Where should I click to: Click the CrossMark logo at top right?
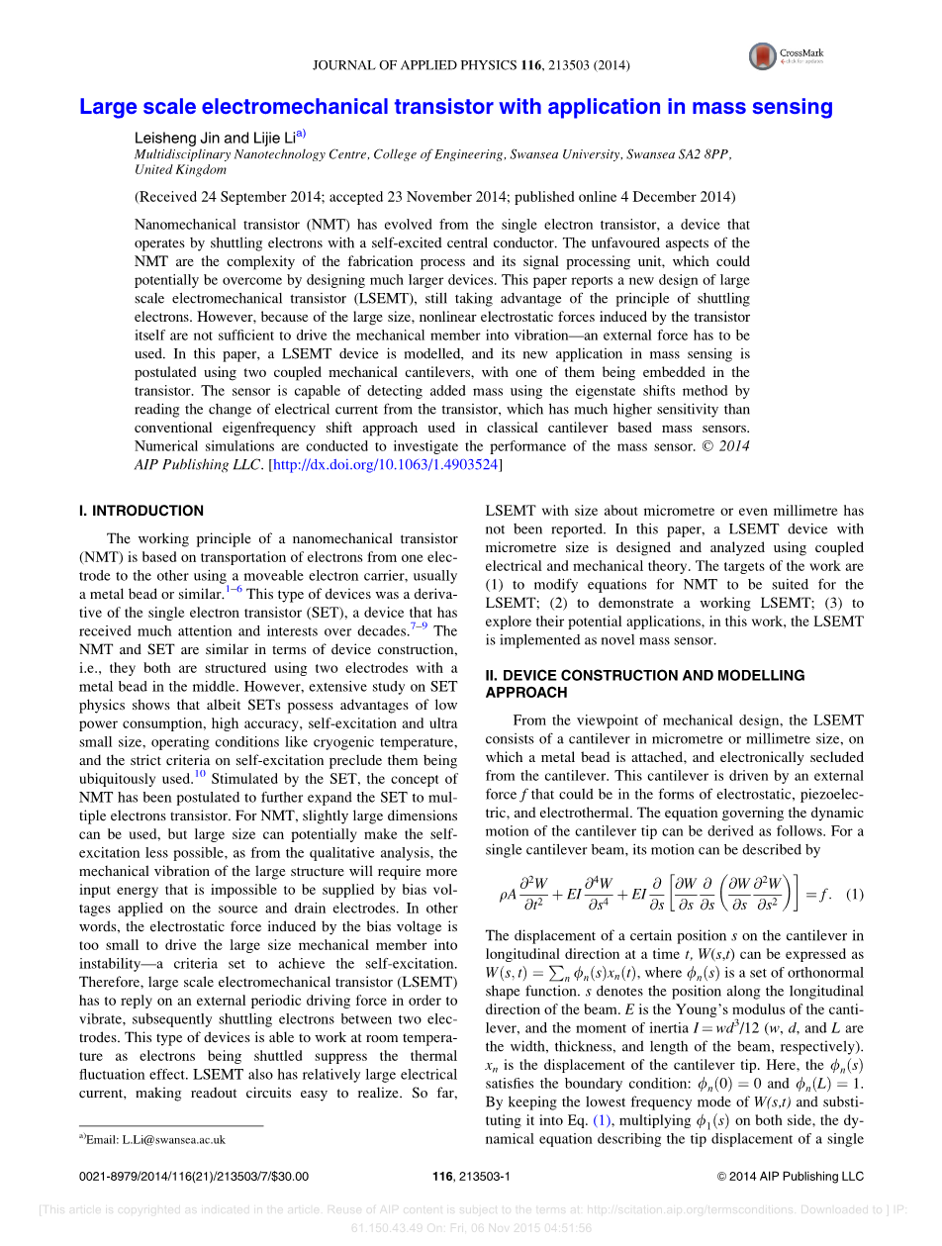pyautogui.click(x=763, y=56)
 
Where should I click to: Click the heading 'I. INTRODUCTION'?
pyautogui.click(x=141, y=511)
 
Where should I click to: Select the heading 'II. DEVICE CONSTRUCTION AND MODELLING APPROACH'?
pyautogui.click(x=644, y=684)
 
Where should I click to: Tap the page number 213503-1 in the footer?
pyautogui.click(x=471, y=1177)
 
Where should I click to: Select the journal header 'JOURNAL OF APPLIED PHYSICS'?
pyautogui.click(x=416, y=65)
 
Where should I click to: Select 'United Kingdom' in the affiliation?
pyautogui.click(x=174, y=170)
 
